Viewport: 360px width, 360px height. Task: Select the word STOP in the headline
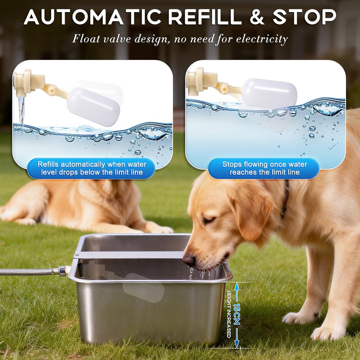click(305, 17)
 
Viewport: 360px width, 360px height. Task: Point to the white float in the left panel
click(93, 107)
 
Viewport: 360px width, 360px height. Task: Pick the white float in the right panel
click(270, 93)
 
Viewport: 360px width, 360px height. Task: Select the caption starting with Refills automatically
click(92, 168)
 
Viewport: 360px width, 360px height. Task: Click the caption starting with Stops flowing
click(264, 168)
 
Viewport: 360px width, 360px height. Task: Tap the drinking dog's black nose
click(189, 260)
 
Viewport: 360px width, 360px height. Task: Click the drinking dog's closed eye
click(208, 220)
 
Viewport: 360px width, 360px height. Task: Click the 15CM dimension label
click(236, 314)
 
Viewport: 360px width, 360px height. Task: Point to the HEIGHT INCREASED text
click(229, 314)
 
